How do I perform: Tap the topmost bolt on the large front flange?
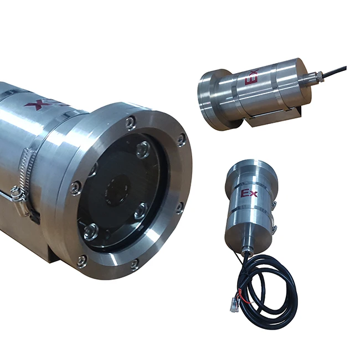130,122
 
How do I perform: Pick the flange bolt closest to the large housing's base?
82,260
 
